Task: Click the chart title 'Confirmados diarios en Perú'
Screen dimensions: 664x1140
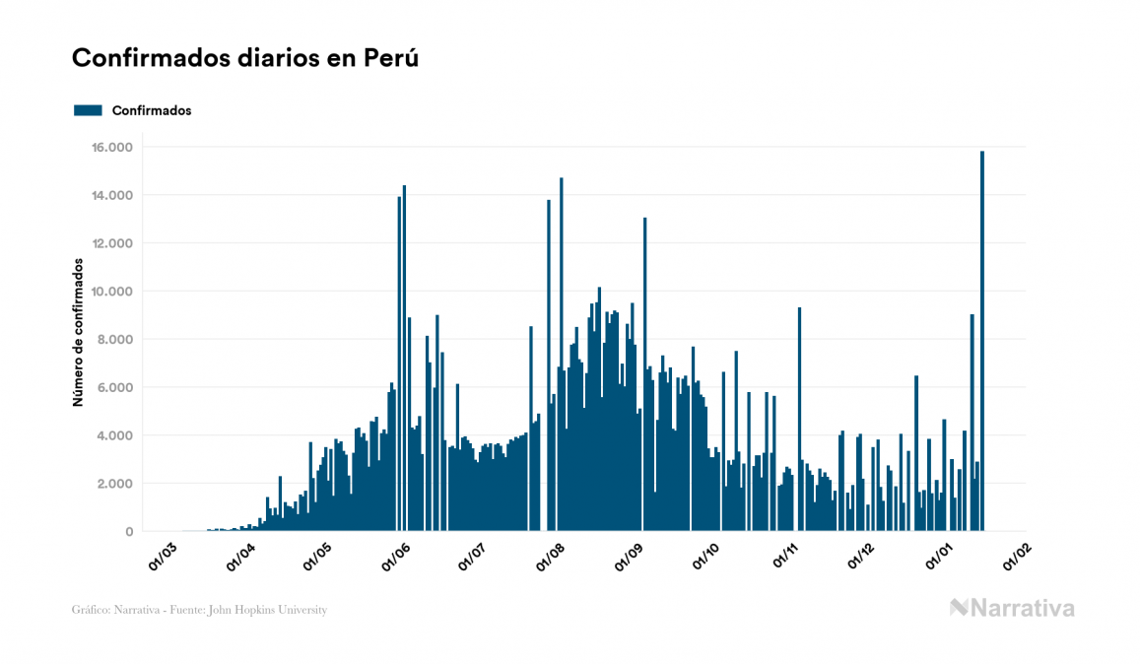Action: tap(245, 59)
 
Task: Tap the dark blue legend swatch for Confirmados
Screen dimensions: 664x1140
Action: tap(88, 110)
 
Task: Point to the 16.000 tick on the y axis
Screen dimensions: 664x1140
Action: tap(111, 148)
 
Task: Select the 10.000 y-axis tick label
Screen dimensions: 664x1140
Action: tap(111, 292)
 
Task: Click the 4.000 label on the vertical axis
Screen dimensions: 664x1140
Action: tap(115, 435)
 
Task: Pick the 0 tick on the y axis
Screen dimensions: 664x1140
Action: tap(128, 532)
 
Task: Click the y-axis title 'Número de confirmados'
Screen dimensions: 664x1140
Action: tap(77, 333)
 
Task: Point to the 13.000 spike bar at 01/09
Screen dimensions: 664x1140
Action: tap(644, 374)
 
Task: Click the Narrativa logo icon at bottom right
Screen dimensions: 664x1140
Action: tap(960, 608)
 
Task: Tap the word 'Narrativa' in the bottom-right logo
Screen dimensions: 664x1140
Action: tap(1024, 608)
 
